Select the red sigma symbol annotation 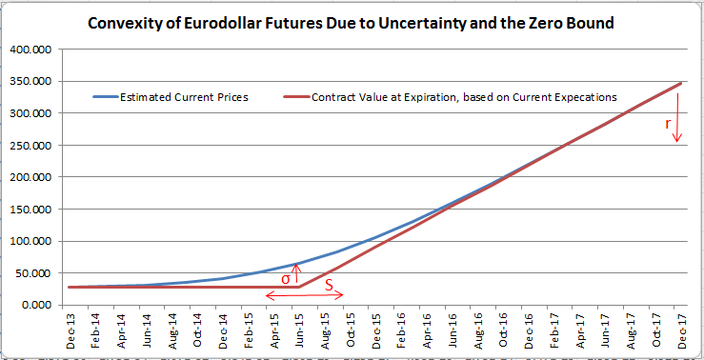pos(286,279)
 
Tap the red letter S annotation pos(329,284)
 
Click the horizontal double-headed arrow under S pos(303,295)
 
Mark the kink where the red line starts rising pos(299,287)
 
